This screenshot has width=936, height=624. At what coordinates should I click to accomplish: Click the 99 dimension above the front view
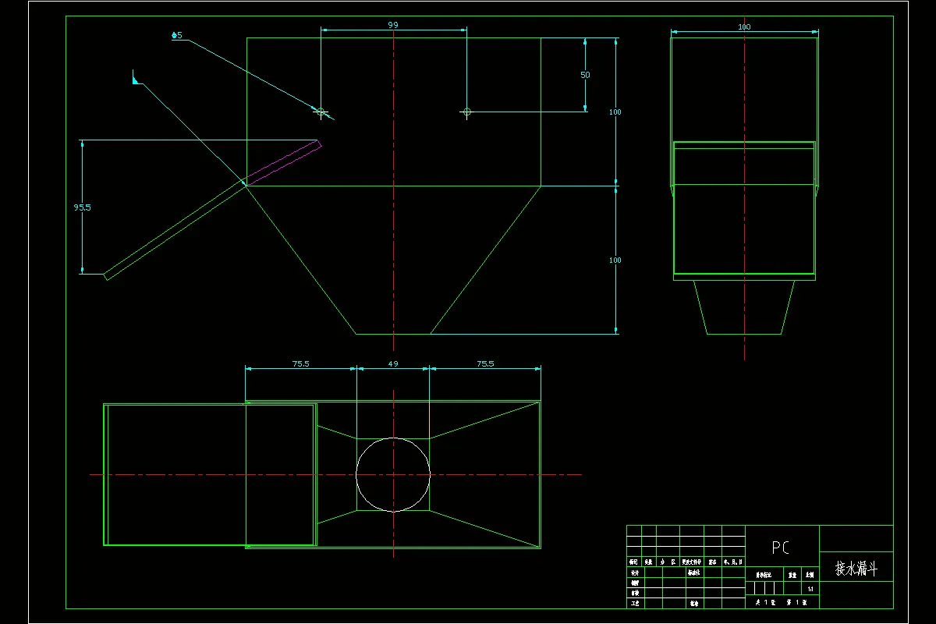point(393,25)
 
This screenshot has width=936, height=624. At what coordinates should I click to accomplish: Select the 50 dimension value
point(585,75)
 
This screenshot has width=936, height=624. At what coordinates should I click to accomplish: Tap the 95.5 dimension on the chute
point(82,207)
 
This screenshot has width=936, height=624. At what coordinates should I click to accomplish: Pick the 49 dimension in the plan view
point(392,363)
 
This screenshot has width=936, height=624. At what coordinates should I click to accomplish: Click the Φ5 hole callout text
point(177,35)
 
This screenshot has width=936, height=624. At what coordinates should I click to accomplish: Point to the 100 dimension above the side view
point(744,27)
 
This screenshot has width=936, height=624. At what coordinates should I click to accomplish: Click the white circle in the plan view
point(393,474)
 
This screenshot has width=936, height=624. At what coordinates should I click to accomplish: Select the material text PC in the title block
point(781,548)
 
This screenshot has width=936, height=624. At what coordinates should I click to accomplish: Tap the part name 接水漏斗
point(856,569)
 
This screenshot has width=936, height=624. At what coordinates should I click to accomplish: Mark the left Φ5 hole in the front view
point(320,112)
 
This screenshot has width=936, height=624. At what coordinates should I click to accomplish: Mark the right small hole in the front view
point(466,112)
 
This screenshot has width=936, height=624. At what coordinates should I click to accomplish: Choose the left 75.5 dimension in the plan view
point(300,363)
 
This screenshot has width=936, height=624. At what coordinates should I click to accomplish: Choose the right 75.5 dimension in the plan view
point(485,363)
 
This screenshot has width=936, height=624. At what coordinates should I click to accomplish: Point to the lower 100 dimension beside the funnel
point(615,260)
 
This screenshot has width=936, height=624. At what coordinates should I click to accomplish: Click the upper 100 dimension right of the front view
point(615,112)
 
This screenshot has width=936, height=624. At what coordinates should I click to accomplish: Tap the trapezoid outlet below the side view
point(744,307)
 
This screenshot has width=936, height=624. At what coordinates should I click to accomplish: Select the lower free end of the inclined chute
point(106,275)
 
